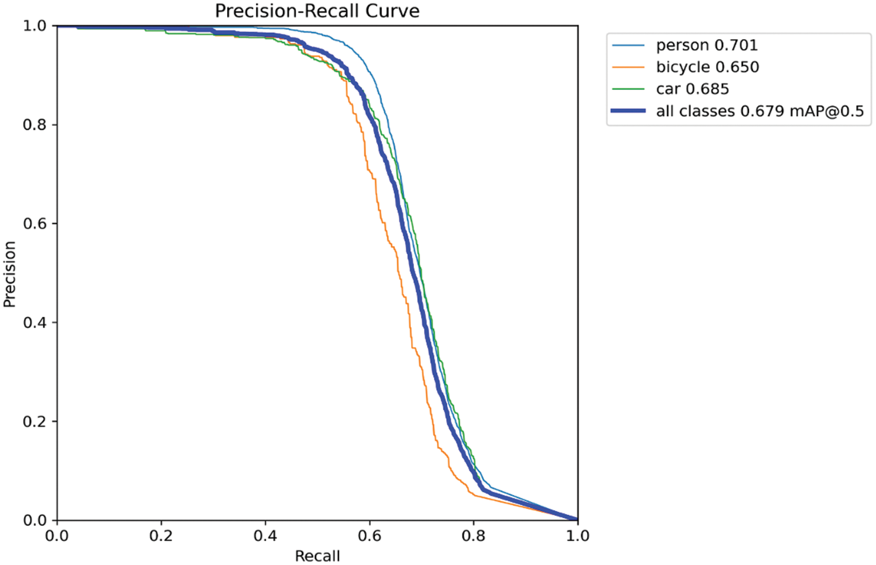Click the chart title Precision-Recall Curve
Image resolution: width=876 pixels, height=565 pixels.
(317, 11)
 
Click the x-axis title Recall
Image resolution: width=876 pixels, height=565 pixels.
(317, 556)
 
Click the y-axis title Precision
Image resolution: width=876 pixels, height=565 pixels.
(9, 274)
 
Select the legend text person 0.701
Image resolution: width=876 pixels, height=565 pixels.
(707, 45)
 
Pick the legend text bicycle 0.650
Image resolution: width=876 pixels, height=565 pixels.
(707, 67)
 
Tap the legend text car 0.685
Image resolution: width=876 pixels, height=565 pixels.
(692, 89)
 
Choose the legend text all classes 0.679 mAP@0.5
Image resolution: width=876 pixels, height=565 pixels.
(759, 111)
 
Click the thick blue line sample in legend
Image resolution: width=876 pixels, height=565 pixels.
(628, 111)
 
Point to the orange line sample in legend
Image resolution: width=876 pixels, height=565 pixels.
(628, 67)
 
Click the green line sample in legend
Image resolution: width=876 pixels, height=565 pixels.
(628, 89)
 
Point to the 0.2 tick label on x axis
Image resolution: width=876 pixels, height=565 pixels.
(161, 536)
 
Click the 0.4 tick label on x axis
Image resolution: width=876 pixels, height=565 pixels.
(265, 536)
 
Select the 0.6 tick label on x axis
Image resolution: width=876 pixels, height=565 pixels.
(369, 536)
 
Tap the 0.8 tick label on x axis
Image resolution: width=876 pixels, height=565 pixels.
(474, 536)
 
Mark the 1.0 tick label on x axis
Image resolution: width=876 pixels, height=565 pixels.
(578, 536)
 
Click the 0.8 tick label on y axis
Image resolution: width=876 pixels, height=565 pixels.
(34, 125)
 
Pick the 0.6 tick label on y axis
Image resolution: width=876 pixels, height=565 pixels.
(34, 224)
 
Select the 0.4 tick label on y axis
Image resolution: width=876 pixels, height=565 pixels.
(34, 323)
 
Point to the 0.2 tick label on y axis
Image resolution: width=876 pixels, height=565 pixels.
(34, 421)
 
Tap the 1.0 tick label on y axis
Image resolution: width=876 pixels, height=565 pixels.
(34, 26)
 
